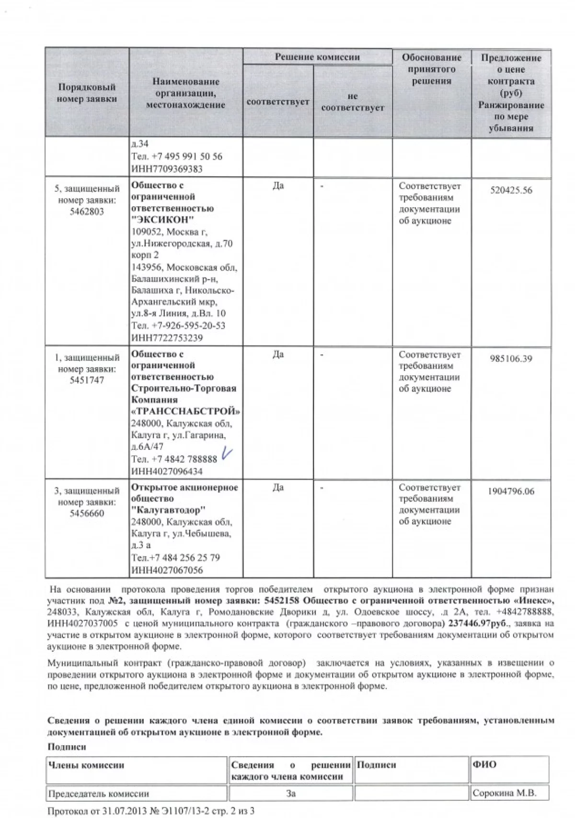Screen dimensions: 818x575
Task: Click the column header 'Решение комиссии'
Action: pyautogui.click(x=317, y=57)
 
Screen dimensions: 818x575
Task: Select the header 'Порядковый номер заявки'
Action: pyautogui.click(x=87, y=93)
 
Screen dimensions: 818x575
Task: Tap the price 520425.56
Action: pyautogui.click(x=511, y=190)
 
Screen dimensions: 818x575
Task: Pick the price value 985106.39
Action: pyautogui.click(x=511, y=359)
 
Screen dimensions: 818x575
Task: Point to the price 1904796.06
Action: pyautogui.click(x=511, y=492)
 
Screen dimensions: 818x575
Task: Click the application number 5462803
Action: pyautogui.click(x=87, y=212)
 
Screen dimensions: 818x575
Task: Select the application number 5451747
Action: pyautogui.click(x=87, y=381)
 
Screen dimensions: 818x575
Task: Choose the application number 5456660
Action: pyautogui.click(x=87, y=514)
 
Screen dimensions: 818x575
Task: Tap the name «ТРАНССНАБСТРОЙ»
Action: pyautogui.click(x=186, y=411)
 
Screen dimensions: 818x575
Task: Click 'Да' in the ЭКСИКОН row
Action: pyautogui.click(x=278, y=186)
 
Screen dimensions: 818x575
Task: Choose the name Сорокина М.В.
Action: pyautogui.click(x=504, y=793)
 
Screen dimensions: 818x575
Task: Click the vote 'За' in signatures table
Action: pyautogui.click(x=290, y=793)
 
